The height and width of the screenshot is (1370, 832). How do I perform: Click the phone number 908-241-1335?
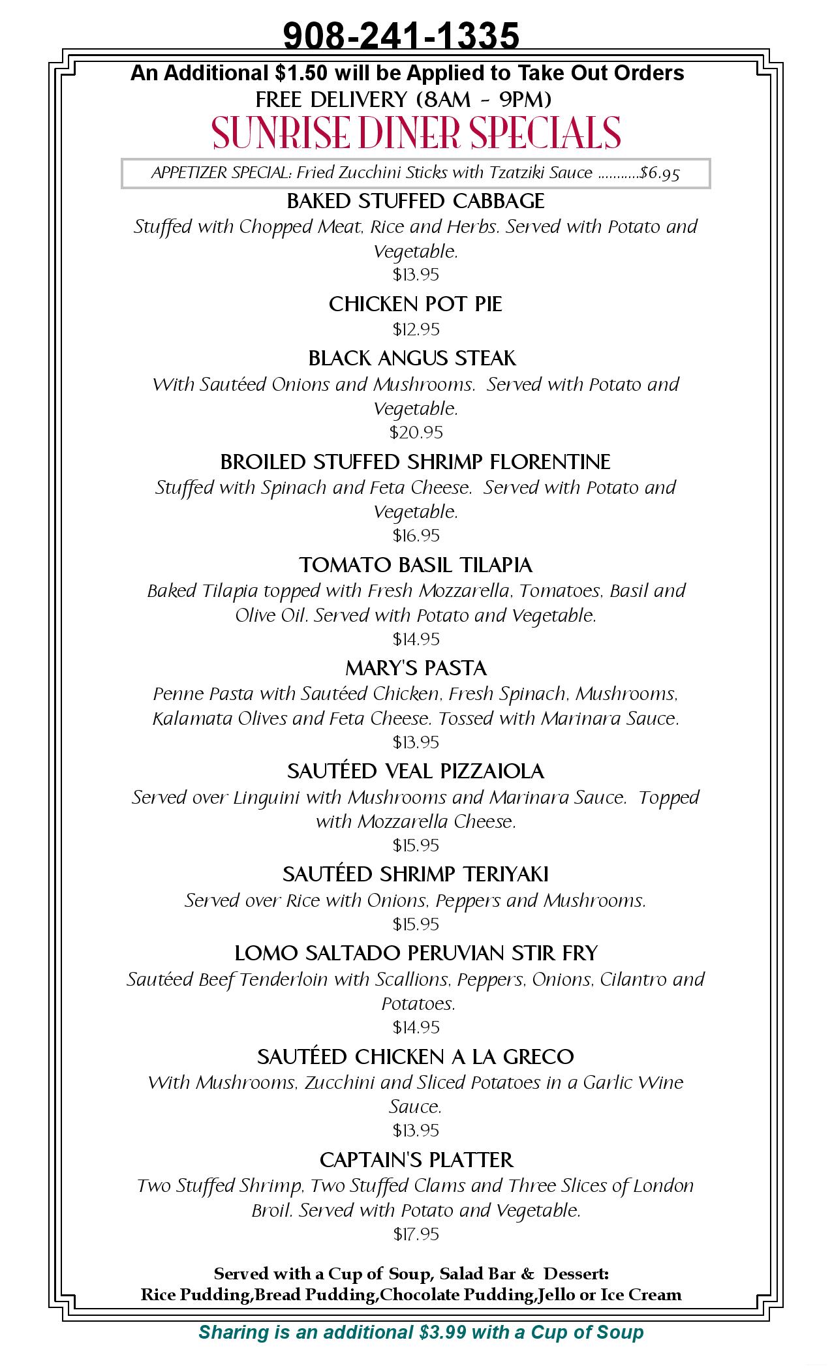click(401, 35)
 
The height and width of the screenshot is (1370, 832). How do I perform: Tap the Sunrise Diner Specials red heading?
click(416, 132)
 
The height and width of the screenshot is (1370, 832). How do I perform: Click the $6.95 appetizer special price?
click(660, 173)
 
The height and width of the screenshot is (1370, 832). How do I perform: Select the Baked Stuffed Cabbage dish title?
click(416, 201)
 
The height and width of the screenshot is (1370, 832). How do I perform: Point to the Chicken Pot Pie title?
click(416, 304)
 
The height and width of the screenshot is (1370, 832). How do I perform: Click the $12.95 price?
click(416, 329)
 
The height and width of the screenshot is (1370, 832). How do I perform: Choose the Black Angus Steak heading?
click(412, 358)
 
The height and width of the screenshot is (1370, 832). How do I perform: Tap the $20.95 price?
click(416, 432)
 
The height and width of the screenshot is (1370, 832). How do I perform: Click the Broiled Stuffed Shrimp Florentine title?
click(415, 462)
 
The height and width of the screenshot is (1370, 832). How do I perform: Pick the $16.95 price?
click(416, 536)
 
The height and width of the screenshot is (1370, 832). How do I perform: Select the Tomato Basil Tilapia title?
click(416, 565)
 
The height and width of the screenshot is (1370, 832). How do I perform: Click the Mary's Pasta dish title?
click(416, 668)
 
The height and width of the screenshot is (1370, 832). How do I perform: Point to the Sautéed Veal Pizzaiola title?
click(416, 771)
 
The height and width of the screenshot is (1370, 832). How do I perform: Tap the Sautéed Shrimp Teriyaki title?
click(416, 874)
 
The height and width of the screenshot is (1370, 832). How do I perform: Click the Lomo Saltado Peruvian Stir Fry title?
click(416, 953)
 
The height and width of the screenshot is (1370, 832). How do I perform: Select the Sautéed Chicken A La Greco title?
click(416, 1056)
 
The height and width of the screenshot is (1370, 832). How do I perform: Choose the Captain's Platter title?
click(416, 1160)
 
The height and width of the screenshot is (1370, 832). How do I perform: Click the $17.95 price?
click(416, 1234)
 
